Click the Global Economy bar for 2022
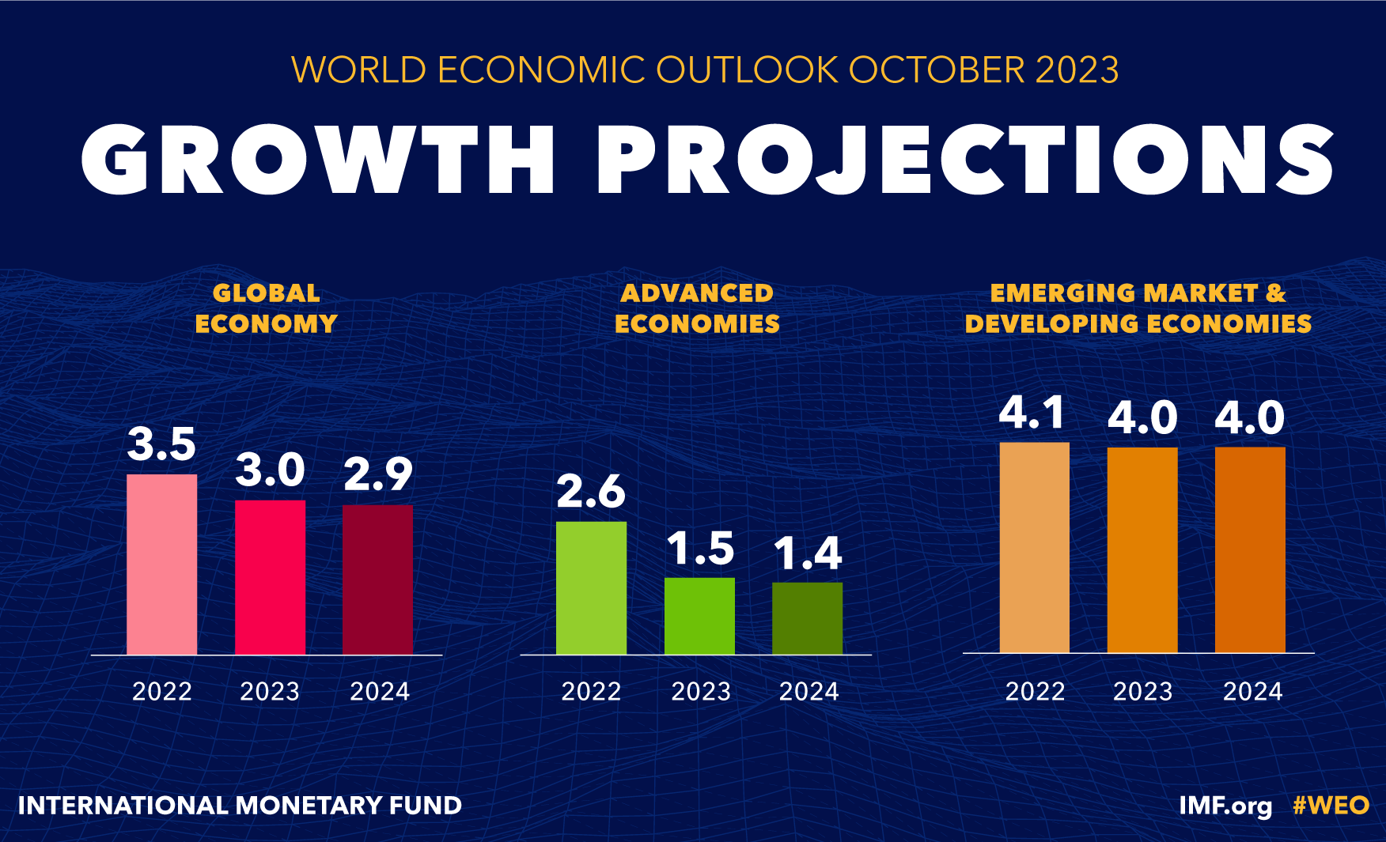point(161,564)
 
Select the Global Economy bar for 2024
point(377,580)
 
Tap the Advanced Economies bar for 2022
point(591,587)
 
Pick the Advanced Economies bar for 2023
point(699,616)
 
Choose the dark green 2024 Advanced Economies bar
point(807,618)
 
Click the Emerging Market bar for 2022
point(1034,547)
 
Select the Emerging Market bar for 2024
point(1250,549)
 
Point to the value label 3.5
point(161,444)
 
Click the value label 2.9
point(377,474)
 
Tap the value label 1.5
point(700,548)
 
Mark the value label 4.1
point(1032,413)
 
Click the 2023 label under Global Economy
point(270,692)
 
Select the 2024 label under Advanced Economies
point(808,692)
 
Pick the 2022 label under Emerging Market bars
point(1035,692)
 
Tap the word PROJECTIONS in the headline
point(965,160)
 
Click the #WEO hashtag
point(1331,806)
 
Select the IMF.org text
point(1225,806)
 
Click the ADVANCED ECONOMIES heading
point(697,308)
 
